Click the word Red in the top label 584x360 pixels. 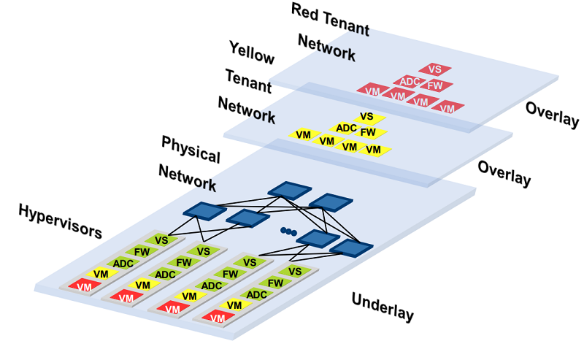(305, 12)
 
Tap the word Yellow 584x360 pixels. (252, 53)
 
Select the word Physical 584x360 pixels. (191, 149)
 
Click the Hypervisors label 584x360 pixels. (61, 221)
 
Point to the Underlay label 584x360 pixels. (383, 307)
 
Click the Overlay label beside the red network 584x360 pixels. (553, 115)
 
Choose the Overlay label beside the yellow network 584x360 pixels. (504, 173)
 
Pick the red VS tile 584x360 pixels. (434, 69)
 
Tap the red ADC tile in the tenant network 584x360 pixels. (410, 81)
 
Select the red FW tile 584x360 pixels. (435, 85)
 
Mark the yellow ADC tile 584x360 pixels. (345, 129)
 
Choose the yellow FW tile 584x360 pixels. (369, 132)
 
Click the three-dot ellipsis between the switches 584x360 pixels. (288, 231)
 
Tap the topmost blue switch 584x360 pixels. (290, 191)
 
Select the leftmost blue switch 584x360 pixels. (204, 211)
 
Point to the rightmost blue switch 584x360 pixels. (351, 248)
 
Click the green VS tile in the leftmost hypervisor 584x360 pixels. (161, 240)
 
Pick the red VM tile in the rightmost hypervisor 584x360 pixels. (218, 318)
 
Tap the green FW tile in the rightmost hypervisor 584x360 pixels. (275, 283)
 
